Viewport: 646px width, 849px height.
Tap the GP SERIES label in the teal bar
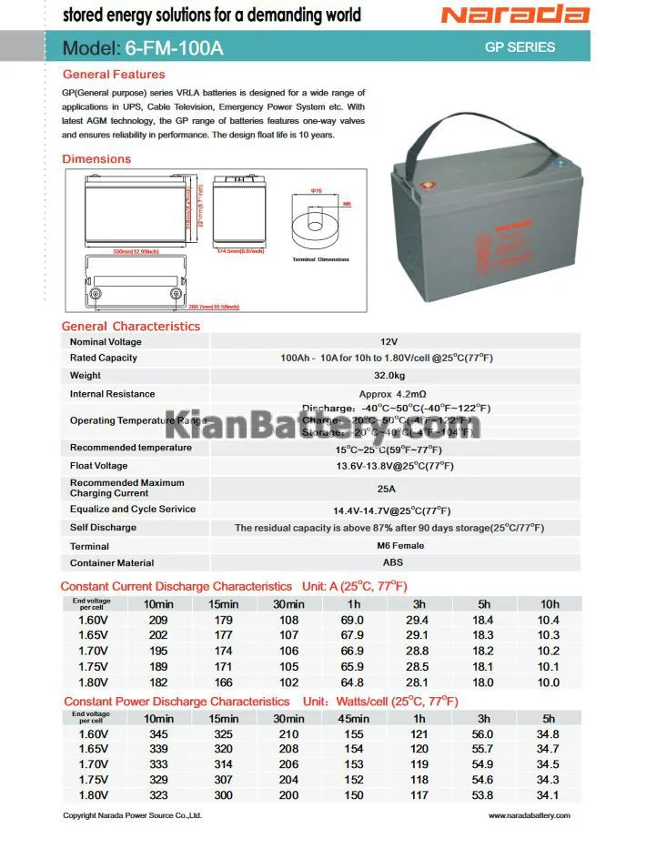tap(520, 47)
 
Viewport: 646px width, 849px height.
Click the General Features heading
tap(114, 75)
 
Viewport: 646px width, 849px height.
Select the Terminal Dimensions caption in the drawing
tap(320, 259)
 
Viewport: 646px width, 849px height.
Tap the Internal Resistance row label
tap(112, 394)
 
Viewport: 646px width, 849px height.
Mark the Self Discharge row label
tap(103, 528)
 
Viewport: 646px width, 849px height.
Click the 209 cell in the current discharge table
tap(158, 620)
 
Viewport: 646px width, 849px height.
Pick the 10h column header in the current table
tap(549, 604)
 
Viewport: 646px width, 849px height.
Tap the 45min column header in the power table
tap(354, 719)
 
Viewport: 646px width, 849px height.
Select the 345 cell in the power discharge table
tap(158, 734)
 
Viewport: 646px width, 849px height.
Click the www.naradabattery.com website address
tap(529, 815)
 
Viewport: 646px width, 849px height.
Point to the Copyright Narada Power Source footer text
tap(132, 815)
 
